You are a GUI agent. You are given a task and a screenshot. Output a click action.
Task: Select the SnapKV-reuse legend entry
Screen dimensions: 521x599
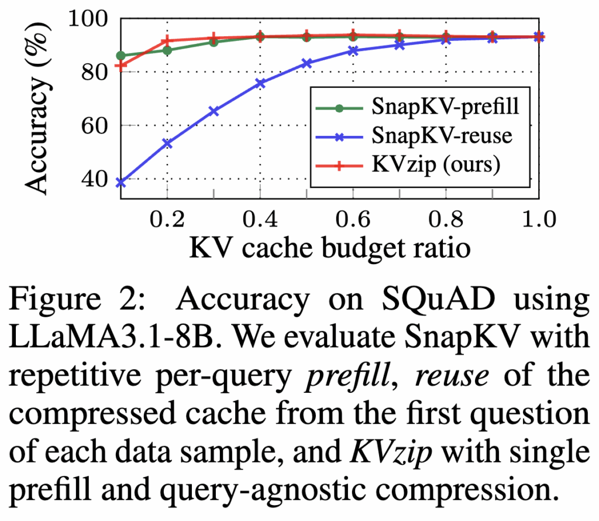[x=441, y=136]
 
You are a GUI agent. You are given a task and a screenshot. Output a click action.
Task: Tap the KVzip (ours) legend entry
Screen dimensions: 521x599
[x=435, y=164]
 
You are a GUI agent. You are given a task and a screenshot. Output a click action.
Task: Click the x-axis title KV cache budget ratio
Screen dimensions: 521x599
[x=329, y=248]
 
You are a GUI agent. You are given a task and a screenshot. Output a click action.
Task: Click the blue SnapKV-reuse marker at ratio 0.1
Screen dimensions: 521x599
[x=121, y=183]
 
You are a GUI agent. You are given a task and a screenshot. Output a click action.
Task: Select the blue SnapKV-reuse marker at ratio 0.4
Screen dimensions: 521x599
[x=260, y=83]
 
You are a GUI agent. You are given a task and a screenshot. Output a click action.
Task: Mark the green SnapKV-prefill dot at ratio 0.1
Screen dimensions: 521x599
[x=121, y=56]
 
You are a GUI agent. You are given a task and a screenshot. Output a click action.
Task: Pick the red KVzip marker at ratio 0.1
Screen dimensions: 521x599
[x=121, y=66]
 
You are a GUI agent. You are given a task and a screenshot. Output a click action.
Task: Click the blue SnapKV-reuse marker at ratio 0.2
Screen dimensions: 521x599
[x=167, y=143]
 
